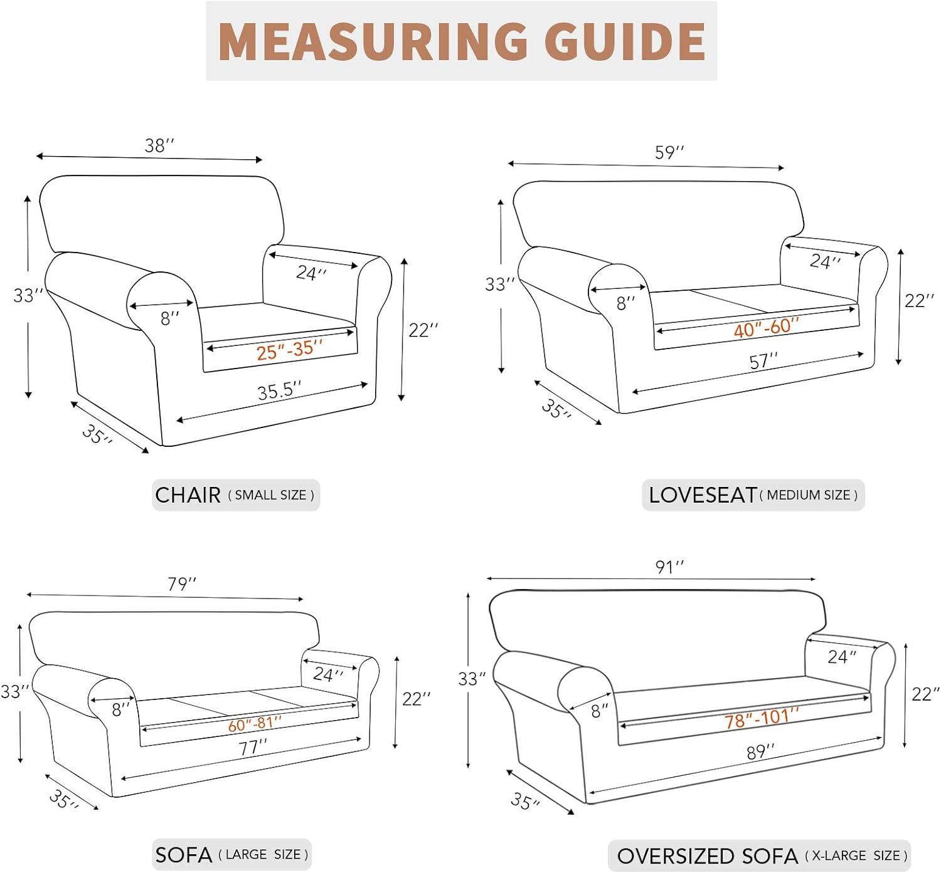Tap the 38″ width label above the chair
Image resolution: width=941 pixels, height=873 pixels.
click(159, 145)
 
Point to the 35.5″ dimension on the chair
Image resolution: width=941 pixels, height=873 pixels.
click(279, 391)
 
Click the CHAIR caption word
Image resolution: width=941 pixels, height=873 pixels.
click(188, 495)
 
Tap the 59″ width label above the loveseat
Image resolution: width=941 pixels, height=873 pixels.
click(669, 152)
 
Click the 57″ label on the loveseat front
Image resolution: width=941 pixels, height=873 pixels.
click(763, 362)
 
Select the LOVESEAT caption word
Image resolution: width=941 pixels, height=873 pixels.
click(702, 495)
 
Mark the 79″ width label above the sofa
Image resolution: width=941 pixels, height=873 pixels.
click(182, 584)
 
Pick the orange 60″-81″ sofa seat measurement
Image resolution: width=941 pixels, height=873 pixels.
click(254, 724)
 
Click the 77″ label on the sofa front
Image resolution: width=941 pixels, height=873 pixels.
click(253, 748)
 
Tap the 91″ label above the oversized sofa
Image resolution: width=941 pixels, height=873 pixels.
click(669, 567)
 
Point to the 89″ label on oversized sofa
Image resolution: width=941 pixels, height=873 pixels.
click(760, 751)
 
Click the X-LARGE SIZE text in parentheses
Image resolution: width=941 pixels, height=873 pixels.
click(856, 855)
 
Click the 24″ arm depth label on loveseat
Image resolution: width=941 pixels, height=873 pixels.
click(824, 261)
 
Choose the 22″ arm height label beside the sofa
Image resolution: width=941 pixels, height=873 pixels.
click(417, 699)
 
